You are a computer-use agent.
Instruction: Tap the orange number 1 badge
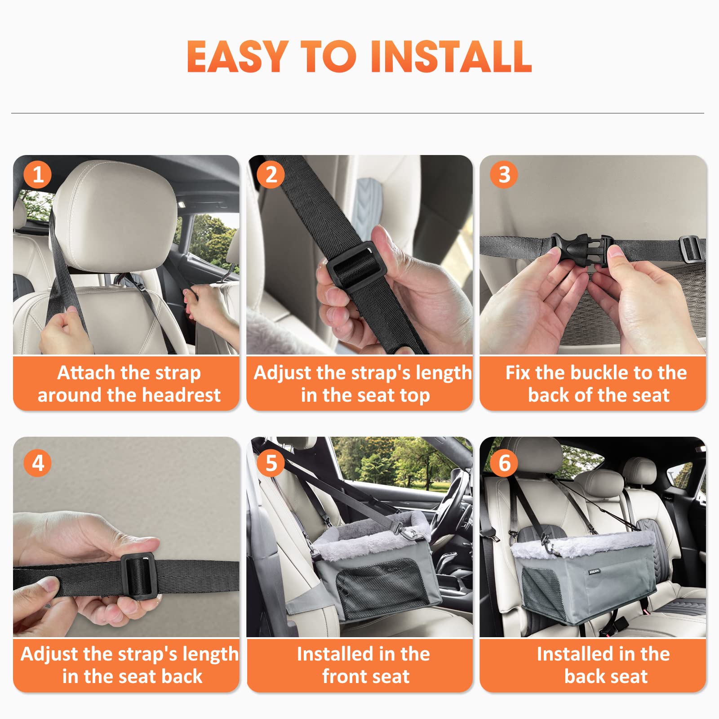click(38, 174)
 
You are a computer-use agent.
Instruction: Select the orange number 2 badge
click(271, 174)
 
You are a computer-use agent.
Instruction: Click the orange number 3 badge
click(504, 174)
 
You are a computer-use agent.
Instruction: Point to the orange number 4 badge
click(38, 463)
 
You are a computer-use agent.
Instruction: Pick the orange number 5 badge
click(271, 463)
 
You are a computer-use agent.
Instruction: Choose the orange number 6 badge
click(504, 463)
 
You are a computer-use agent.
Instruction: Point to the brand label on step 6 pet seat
click(594, 572)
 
